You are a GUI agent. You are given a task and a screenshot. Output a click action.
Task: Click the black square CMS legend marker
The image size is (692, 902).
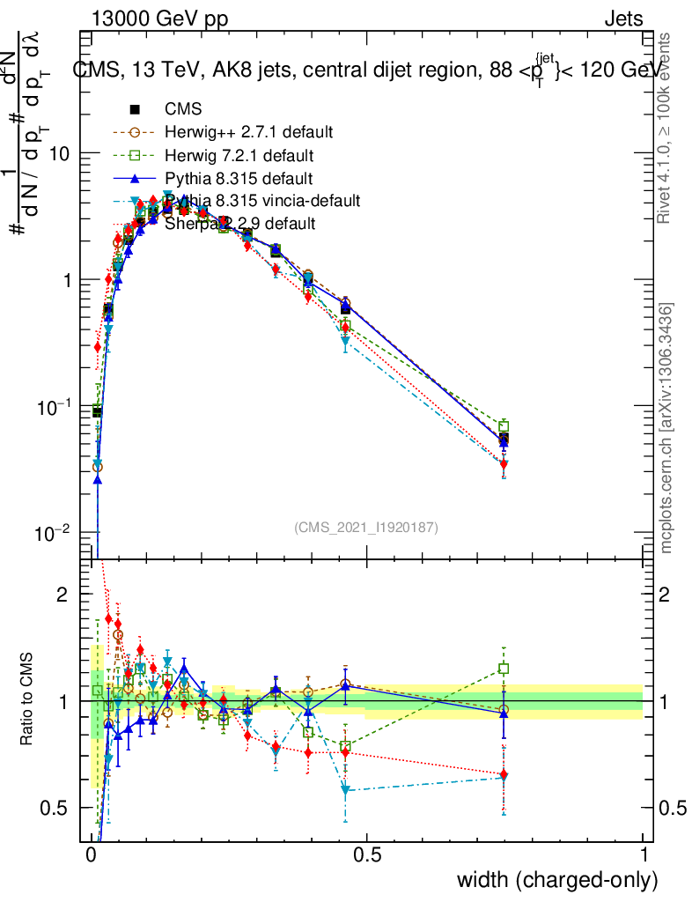click(x=135, y=110)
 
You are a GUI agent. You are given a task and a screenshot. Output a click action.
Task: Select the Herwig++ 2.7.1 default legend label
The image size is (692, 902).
click(x=248, y=133)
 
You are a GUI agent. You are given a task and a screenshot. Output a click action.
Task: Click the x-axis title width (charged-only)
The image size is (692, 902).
click(x=557, y=880)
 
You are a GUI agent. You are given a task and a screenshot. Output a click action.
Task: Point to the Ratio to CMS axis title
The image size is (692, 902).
click(x=26, y=701)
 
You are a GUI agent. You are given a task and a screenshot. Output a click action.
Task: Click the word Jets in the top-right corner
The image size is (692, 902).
click(x=622, y=19)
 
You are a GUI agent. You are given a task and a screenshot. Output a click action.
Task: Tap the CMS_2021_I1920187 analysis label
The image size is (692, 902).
click(x=366, y=527)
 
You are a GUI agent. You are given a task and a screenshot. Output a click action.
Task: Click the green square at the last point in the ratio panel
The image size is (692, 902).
click(x=504, y=669)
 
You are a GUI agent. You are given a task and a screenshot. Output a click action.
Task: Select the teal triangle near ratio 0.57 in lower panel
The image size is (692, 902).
click(x=345, y=790)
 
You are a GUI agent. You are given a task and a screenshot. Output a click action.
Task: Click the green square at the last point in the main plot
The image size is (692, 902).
click(x=504, y=426)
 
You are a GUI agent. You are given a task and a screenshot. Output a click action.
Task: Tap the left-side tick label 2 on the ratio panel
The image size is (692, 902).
click(x=63, y=595)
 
